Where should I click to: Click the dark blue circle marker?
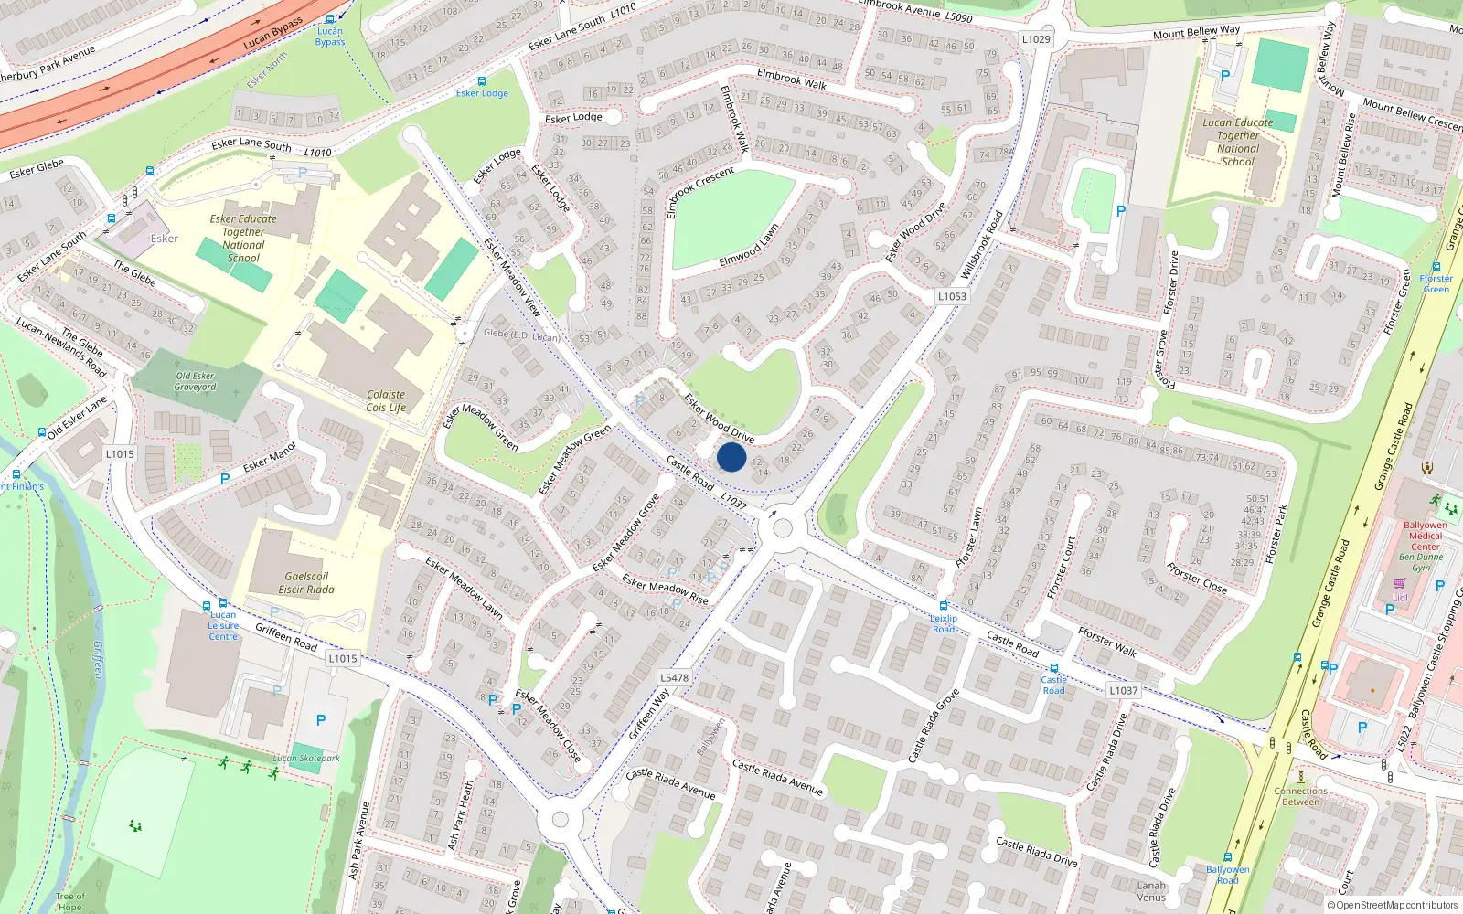point(731,457)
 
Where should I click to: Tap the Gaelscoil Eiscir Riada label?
point(306,583)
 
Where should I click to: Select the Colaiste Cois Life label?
point(386,401)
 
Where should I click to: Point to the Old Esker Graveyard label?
point(195,381)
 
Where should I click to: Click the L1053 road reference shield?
point(952,296)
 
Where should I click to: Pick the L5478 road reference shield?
point(674,677)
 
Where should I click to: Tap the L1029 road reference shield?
point(1036,39)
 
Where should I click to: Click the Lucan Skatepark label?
point(305,758)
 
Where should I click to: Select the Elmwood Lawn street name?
point(749,246)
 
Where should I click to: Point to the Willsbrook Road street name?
point(982,245)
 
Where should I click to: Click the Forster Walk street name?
point(1106,642)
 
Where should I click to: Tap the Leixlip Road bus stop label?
point(944,623)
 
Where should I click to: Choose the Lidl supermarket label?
point(1400,598)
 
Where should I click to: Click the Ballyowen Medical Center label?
point(1425,536)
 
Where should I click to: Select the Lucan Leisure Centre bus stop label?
point(223,625)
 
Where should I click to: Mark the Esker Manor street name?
point(270,457)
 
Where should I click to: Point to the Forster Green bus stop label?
point(1436,284)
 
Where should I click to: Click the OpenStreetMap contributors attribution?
point(1393,906)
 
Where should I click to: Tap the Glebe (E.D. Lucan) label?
point(521,335)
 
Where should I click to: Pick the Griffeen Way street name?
point(649,714)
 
